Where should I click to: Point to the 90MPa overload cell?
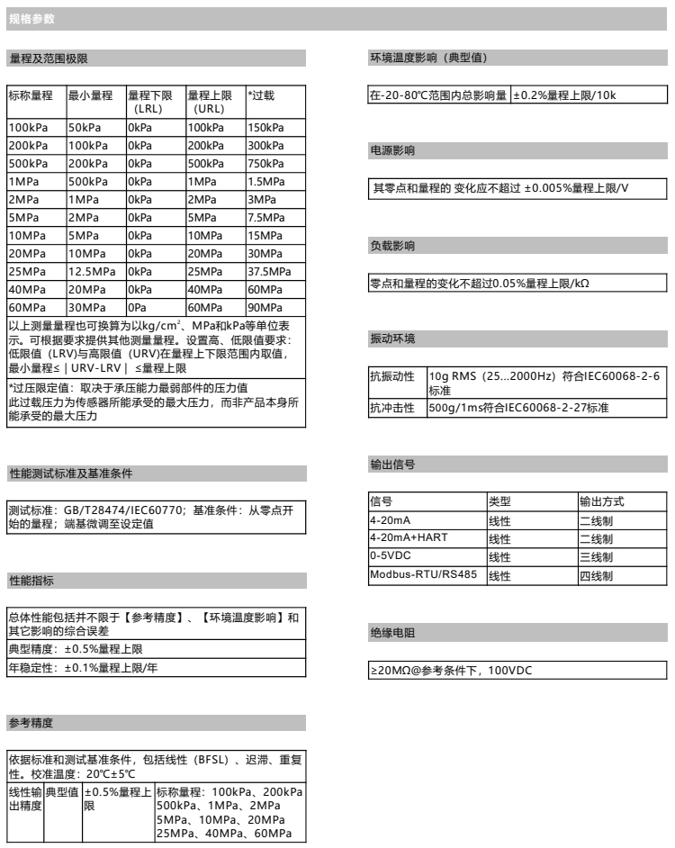point(263,306)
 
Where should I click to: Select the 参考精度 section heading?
point(31,722)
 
